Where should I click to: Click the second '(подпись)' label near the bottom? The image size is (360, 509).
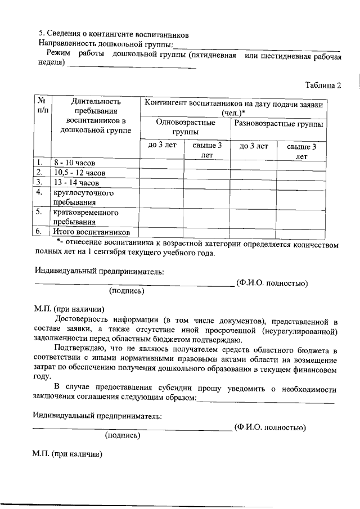[123, 434]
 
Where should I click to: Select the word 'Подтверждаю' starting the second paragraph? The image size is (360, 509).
[76, 350]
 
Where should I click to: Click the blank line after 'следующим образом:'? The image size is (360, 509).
[266, 401]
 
